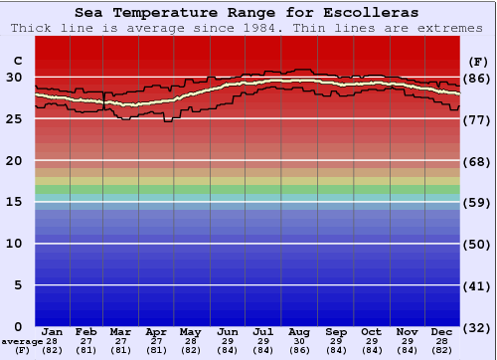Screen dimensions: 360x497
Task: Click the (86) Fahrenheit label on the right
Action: click(478, 78)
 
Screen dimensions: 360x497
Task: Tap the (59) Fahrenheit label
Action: click(478, 203)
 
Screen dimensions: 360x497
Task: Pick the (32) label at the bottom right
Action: click(478, 327)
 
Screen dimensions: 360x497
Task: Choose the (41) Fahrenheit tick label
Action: click(478, 285)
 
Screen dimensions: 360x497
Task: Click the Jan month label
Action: click(53, 331)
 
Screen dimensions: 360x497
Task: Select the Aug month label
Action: click(299, 331)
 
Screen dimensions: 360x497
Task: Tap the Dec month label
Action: click(441, 331)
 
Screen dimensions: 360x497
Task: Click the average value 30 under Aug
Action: click(299, 341)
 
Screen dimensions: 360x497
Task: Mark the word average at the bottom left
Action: click(22, 341)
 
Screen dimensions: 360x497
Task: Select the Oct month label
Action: click(371, 331)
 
